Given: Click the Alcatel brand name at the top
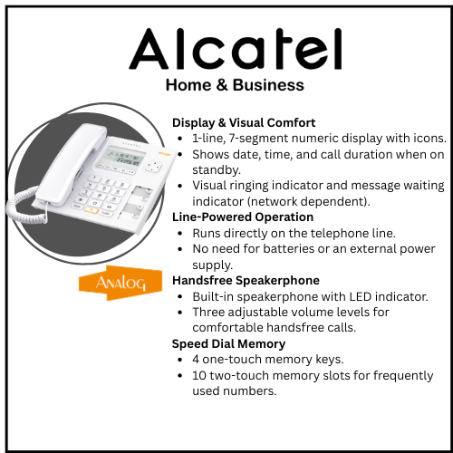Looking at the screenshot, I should (235, 50).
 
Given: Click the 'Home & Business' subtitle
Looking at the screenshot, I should (235, 86).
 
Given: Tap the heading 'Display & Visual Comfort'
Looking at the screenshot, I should (244, 122).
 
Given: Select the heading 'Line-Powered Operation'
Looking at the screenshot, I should (243, 217).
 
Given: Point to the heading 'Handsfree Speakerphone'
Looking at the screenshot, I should (246, 281).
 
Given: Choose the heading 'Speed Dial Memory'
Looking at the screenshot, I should (229, 343).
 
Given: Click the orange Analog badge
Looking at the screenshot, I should (114, 283).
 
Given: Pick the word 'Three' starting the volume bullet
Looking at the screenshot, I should (210, 313).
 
